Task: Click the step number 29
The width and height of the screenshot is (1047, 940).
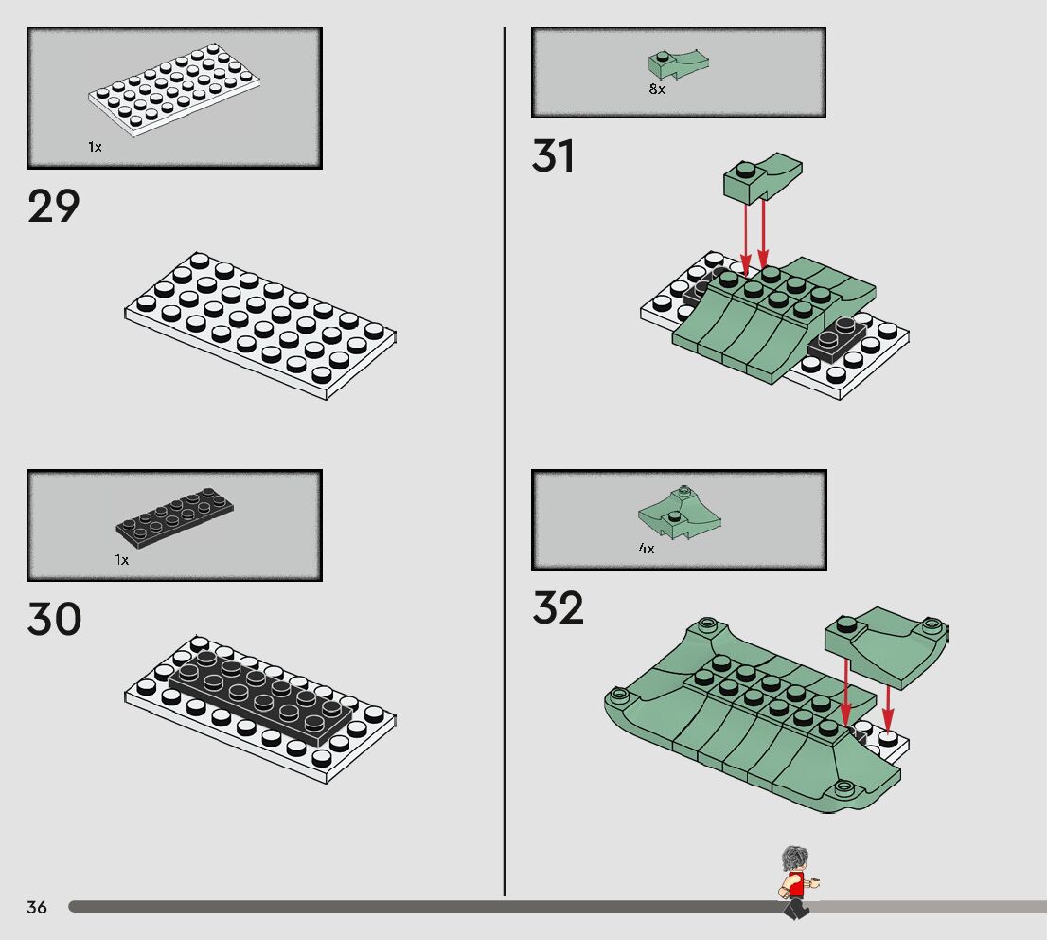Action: click(x=53, y=206)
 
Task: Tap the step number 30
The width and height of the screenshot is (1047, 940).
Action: click(x=54, y=619)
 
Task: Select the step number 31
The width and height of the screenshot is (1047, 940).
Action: click(x=553, y=155)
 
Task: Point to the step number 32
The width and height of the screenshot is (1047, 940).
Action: click(x=558, y=607)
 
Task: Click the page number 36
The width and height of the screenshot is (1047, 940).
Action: click(x=37, y=907)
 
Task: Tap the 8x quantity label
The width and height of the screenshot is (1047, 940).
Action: click(x=657, y=89)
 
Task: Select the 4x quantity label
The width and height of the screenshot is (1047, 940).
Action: click(x=647, y=549)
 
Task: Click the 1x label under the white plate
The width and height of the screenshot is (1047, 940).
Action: click(x=95, y=147)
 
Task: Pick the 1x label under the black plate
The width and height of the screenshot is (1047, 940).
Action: click(x=121, y=560)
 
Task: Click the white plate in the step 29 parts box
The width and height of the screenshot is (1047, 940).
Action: click(x=174, y=90)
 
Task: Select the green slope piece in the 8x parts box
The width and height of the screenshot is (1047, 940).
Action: click(x=679, y=64)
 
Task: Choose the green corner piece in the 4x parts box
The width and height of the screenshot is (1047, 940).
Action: click(x=680, y=512)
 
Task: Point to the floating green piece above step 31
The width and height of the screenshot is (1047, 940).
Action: click(x=763, y=178)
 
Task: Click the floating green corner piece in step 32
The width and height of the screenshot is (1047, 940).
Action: click(x=886, y=646)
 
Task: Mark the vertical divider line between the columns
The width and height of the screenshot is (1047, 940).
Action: click(x=505, y=461)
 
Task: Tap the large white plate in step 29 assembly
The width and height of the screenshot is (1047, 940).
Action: click(x=259, y=326)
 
